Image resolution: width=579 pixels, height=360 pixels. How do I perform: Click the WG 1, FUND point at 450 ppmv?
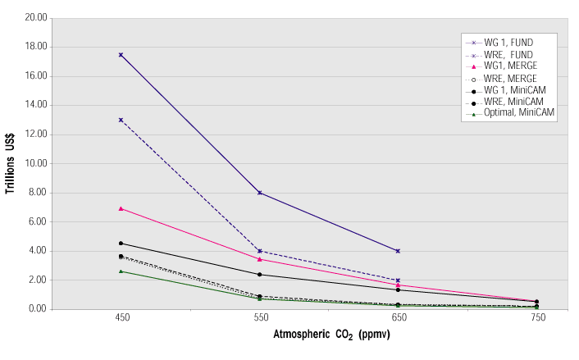(121, 55)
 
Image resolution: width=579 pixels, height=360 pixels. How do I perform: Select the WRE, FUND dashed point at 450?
(121, 120)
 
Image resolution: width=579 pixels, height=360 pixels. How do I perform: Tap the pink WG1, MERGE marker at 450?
(121, 208)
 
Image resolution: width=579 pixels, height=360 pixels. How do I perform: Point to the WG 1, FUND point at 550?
(259, 193)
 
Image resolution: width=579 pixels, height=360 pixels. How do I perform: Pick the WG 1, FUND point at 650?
(398, 251)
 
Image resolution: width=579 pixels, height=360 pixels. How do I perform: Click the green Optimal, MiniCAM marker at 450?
(121, 271)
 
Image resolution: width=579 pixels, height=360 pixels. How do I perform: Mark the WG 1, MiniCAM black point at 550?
(259, 275)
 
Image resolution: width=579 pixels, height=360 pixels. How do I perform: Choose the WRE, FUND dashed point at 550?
(259, 251)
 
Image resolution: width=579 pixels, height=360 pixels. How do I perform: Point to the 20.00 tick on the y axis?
(35, 18)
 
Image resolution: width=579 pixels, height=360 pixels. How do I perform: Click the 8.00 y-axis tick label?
(37, 193)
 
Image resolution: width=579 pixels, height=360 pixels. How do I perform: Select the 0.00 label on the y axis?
(37, 309)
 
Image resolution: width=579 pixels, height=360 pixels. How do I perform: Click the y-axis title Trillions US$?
(11, 163)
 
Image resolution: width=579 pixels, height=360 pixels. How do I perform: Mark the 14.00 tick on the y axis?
(35, 105)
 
